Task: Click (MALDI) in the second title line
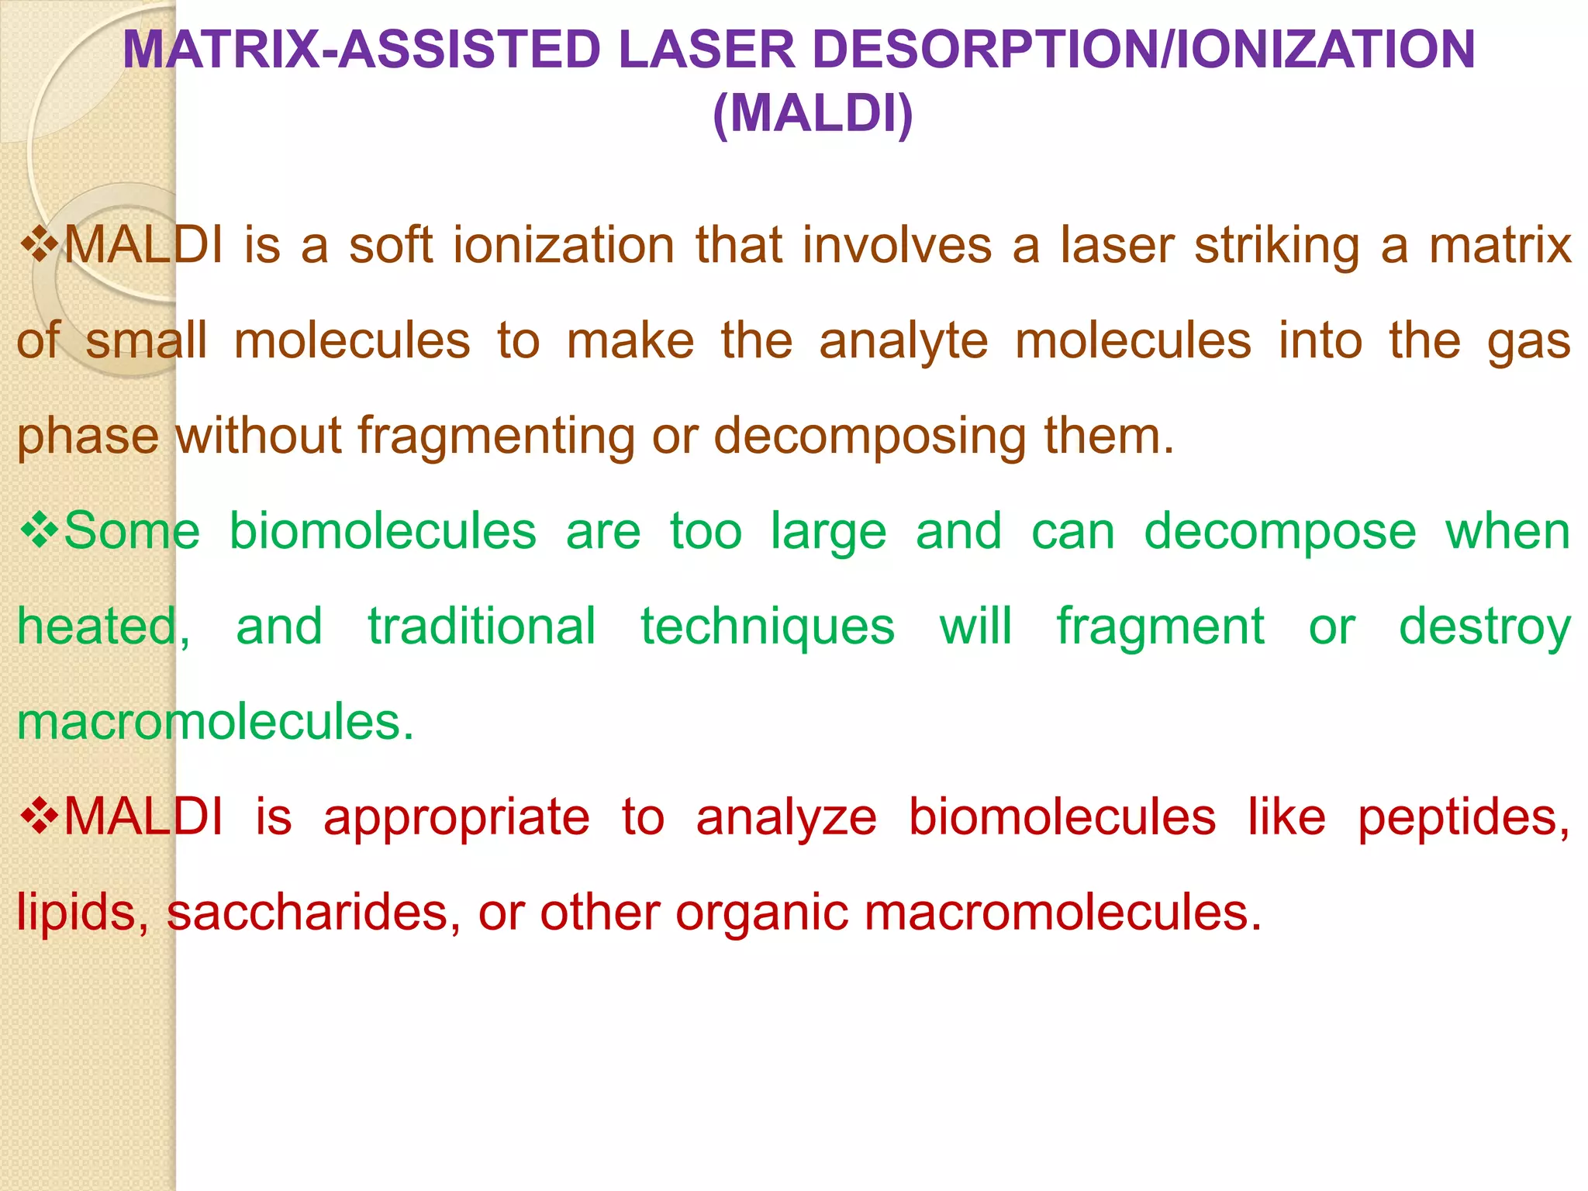tap(812, 114)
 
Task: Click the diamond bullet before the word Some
tap(38, 531)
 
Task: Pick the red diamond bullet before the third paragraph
tap(38, 817)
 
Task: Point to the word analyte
tap(903, 341)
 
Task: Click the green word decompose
tap(1280, 532)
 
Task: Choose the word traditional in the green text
tap(482, 627)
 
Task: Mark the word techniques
tap(768, 627)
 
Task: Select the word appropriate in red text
tap(457, 818)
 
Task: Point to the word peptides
tap(1464, 818)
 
